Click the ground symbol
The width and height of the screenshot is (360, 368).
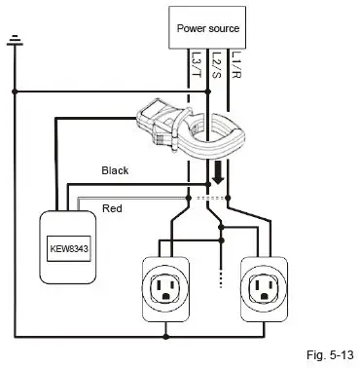[14, 42]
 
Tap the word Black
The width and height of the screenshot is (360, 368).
[116, 170]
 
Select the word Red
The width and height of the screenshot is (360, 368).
[112, 208]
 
